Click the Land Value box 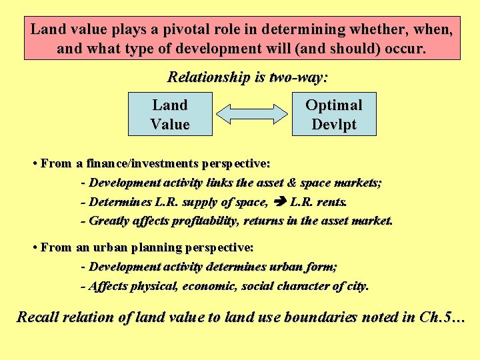pyautogui.click(x=170, y=114)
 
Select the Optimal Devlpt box pyautogui.click(x=333, y=114)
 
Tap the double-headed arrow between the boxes pyautogui.click(x=251, y=114)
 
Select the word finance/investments pyautogui.click(x=138, y=163)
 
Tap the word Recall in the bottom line pyautogui.click(x=39, y=317)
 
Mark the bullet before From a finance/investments pyautogui.click(x=34, y=163)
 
